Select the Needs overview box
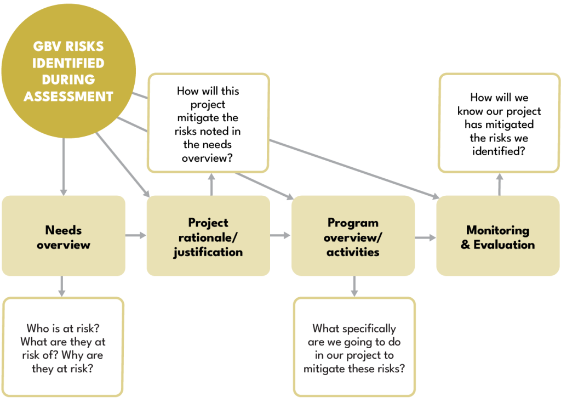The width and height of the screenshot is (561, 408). pos(63,236)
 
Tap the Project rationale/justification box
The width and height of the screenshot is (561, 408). pos(208,236)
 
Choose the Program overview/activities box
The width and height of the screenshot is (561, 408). pos(353,236)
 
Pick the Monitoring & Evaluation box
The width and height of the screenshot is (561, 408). pos(497,236)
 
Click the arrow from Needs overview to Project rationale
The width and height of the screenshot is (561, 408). pos(136,236)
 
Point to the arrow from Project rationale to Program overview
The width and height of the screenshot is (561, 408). pos(280,236)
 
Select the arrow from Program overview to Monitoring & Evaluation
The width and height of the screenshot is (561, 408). pos(426,237)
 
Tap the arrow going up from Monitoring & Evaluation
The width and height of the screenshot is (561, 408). pos(499,184)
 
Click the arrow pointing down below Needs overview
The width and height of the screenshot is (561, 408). pos(62,286)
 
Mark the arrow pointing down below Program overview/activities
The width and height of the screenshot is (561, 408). pos(354,286)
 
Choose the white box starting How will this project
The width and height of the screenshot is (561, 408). pos(208,124)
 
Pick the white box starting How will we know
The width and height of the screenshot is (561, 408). pos(499,124)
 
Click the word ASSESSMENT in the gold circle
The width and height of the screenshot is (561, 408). pos(68,97)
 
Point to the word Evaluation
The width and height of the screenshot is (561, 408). pos(504,245)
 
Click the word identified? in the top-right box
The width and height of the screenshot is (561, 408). pos(499,151)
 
